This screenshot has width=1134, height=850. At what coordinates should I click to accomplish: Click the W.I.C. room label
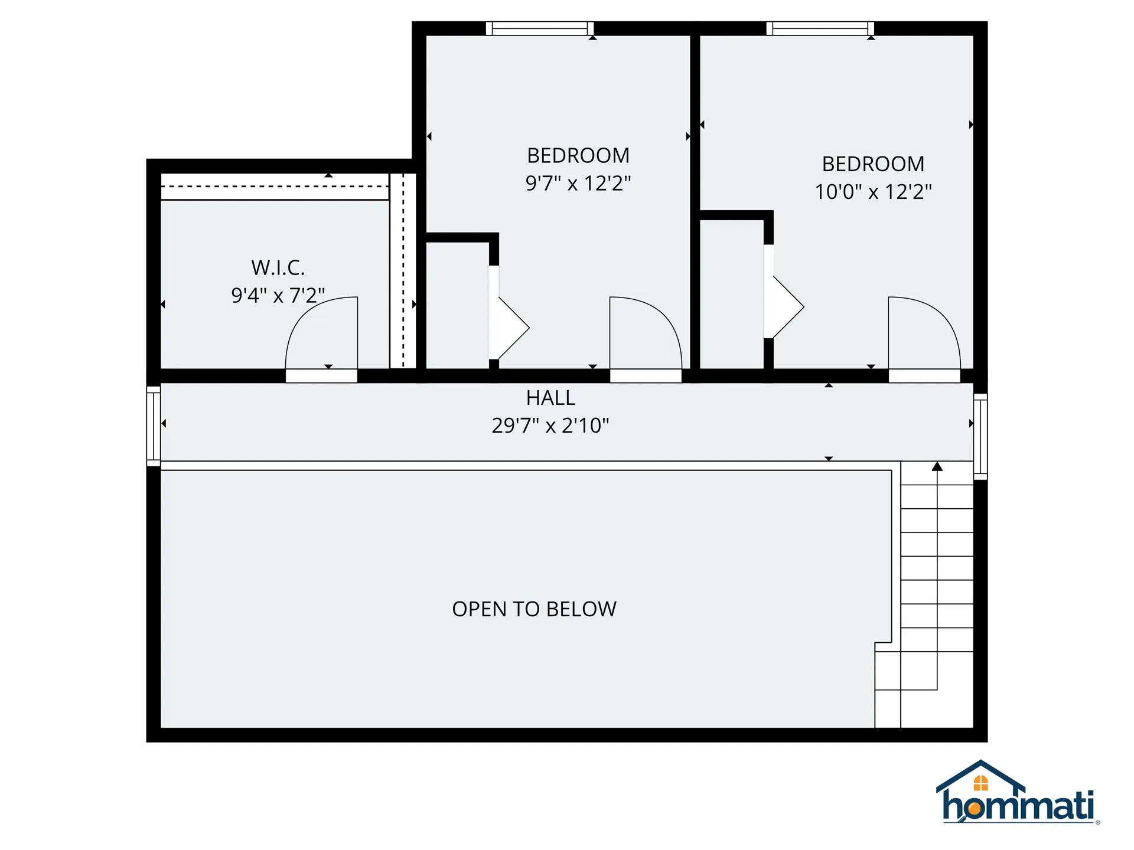pyautogui.click(x=278, y=268)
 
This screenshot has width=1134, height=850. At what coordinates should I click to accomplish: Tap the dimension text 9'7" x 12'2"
pyautogui.click(x=578, y=184)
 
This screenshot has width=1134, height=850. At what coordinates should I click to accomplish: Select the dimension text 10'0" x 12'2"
pyautogui.click(x=873, y=192)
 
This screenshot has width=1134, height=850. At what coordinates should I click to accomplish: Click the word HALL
pyautogui.click(x=550, y=398)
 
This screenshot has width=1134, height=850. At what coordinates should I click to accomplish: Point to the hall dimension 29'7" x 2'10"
pyautogui.click(x=550, y=425)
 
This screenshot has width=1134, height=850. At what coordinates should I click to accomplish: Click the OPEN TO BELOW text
pyautogui.click(x=534, y=609)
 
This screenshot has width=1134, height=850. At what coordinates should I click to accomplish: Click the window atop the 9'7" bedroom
pyautogui.click(x=540, y=28)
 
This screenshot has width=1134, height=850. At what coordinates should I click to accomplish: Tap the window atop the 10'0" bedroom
pyautogui.click(x=820, y=28)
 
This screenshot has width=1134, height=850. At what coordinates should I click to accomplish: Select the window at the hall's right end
pyautogui.click(x=980, y=436)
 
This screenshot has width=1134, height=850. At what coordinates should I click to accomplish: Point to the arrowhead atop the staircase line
pyautogui.click(x=937, y=466)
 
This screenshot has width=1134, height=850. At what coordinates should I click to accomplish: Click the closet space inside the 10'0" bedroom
pyautogui.click(x=731, y=295)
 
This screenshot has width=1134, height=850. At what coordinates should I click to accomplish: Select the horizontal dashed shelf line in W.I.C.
pyautogui.click(x=275, y=187)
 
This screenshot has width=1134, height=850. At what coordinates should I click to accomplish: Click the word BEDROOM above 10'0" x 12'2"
pyautogui.click(x=873, y=164)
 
